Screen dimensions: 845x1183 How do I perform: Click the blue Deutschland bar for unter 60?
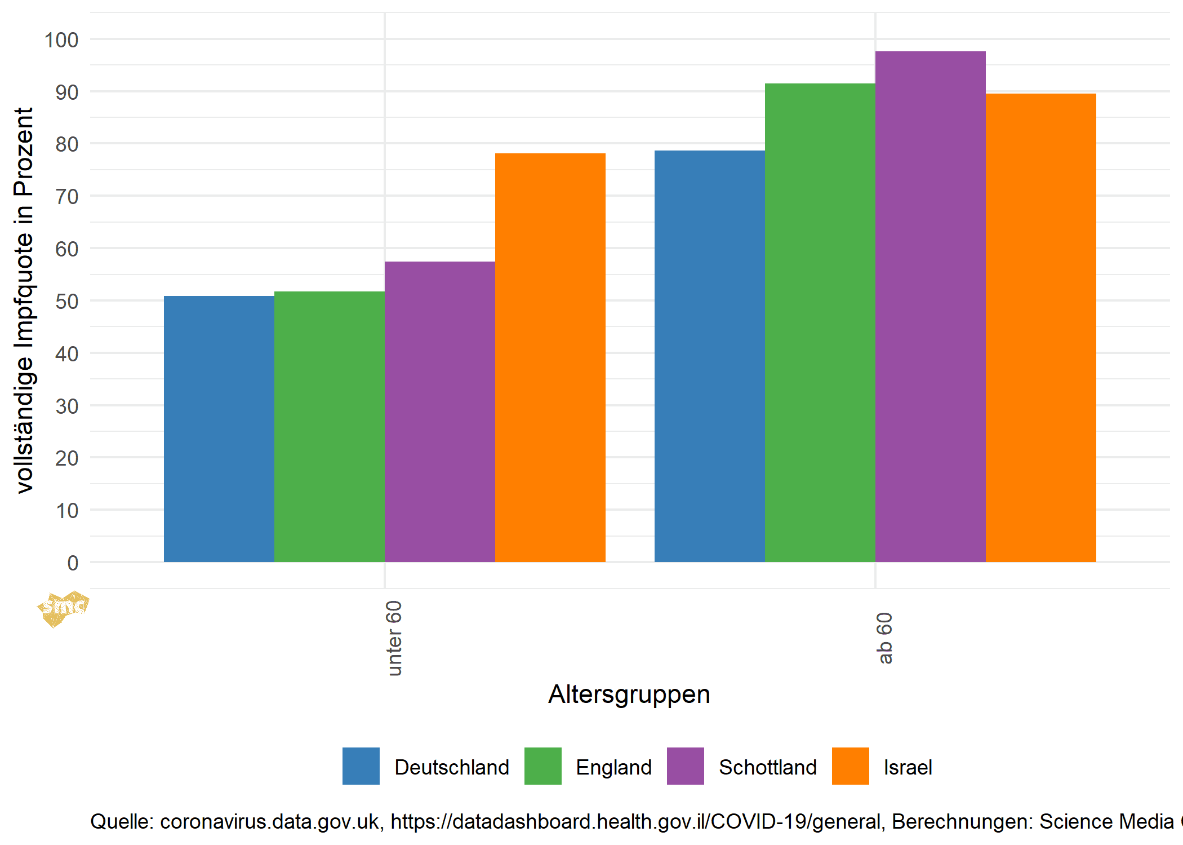pos(219,428)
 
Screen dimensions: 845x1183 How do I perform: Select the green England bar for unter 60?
pos(329,426)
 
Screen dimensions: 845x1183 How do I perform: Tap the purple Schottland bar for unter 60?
pos(439,412)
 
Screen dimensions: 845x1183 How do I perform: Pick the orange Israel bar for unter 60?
pos(550,357)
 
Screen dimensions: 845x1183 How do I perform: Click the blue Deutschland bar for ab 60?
pos(709,356)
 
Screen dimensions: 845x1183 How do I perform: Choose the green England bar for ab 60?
pos(820,322)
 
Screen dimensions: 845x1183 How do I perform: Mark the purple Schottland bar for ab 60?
pos(930,307)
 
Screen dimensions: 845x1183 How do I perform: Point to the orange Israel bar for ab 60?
pos(1040,328)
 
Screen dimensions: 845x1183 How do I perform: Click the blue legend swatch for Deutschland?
pos(361,766)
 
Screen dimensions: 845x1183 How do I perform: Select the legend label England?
pos(613,767)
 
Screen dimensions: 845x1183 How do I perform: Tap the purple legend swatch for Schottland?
pos(685,766)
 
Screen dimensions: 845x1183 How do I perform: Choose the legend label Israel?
pos(908,767)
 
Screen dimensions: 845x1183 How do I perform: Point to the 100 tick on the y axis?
pos(61,40)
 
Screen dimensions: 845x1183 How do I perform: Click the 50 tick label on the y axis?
pos(66,302)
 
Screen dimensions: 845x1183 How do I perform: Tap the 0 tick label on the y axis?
pos(73,563)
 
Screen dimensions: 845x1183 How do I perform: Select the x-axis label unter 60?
pos(394,638)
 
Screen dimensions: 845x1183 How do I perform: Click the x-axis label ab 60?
pos(885,638)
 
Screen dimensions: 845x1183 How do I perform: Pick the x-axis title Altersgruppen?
pos(629,694)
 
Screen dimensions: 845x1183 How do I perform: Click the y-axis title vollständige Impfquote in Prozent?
pos(24,300)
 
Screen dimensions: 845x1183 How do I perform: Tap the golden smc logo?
pos(63,608)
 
